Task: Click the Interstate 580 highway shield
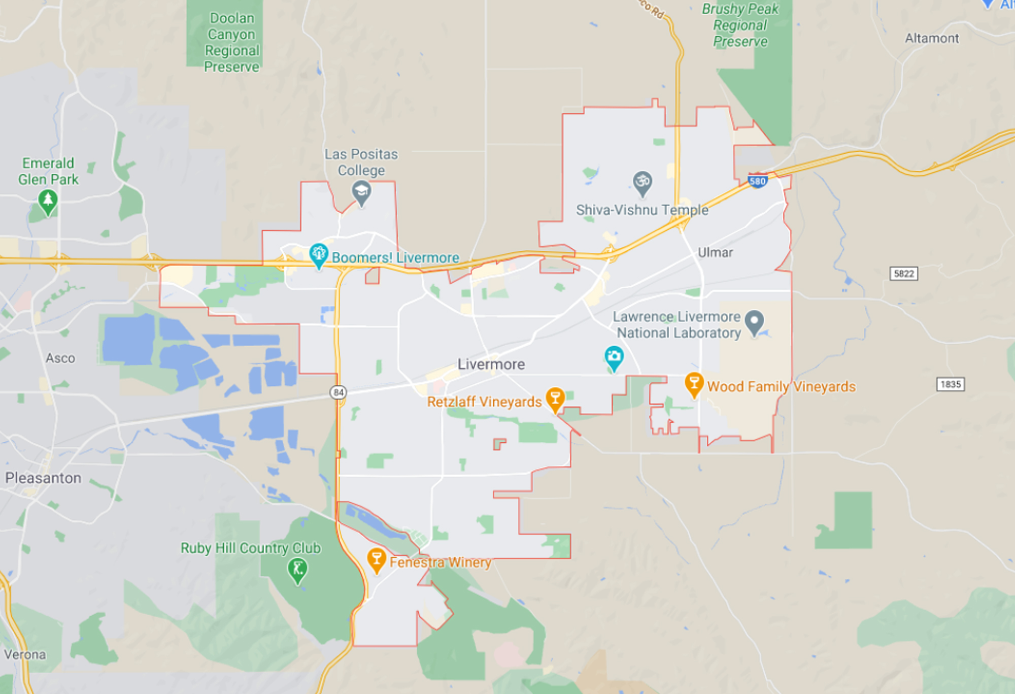pos(757,181)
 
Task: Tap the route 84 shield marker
pos(338,392)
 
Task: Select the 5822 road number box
pos(904,274)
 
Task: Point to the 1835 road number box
pos(951,384)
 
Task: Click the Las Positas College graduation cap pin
pos(361,192)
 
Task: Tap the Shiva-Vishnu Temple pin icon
pos(642,182)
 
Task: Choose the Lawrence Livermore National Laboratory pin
pos(755,321)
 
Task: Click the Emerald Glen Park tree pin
pos(48,201)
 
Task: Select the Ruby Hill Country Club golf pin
pos(297,569)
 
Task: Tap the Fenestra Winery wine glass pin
pos(376,559)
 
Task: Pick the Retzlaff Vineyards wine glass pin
pos(555,399)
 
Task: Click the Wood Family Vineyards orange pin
pos(694,384)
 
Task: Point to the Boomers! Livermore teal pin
pos(319,255)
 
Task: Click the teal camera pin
pos(614,357)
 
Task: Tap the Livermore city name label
pos(491,364)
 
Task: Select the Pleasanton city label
pos(43,478)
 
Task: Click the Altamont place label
pos(932,38)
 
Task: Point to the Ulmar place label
pos(715,252)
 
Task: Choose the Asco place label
pos(60,358)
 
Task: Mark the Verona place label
pos(25,654)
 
